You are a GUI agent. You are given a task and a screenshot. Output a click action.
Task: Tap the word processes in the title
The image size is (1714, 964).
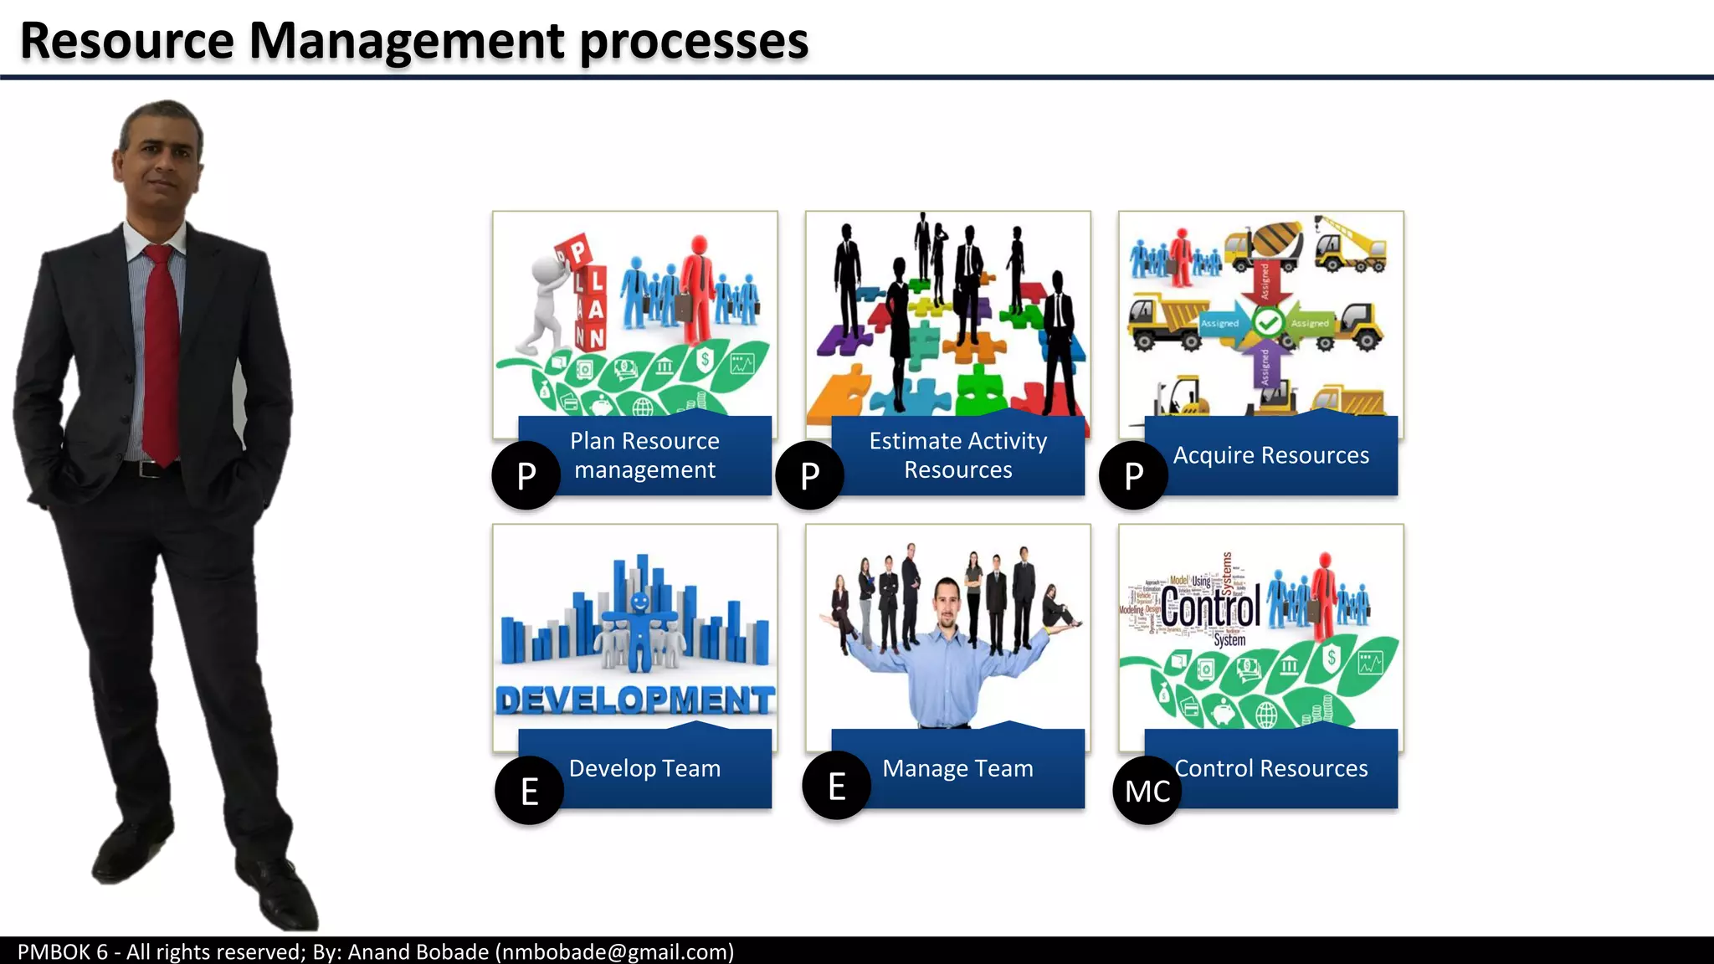694,42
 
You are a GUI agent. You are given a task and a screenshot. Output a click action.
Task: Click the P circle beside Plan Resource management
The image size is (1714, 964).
526,475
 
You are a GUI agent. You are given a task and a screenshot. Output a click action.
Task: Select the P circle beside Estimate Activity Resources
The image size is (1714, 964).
809,475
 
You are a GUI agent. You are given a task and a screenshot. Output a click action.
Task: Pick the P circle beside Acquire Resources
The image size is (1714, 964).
1133,475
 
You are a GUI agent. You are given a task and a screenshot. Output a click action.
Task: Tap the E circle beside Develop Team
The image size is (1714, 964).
529,791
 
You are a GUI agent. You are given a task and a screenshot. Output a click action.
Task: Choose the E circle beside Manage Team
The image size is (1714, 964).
836,786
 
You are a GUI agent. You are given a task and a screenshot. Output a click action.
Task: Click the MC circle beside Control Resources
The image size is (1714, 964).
1147,791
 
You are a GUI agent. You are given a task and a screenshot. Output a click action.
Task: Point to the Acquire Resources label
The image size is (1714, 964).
1270,455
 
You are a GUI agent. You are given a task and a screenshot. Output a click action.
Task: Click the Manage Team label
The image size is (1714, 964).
957,768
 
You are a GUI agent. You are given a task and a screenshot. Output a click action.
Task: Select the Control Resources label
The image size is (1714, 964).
1270,768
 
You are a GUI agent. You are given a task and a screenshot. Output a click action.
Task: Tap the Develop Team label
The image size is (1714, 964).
644,768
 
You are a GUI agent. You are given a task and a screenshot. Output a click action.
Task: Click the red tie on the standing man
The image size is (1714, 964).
161,351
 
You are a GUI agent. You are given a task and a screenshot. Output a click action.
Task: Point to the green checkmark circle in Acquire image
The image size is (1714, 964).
1268,322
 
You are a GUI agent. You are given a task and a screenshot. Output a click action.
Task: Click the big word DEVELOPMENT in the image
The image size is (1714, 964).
635,700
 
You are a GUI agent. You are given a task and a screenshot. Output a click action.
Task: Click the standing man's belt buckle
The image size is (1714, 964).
149,469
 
